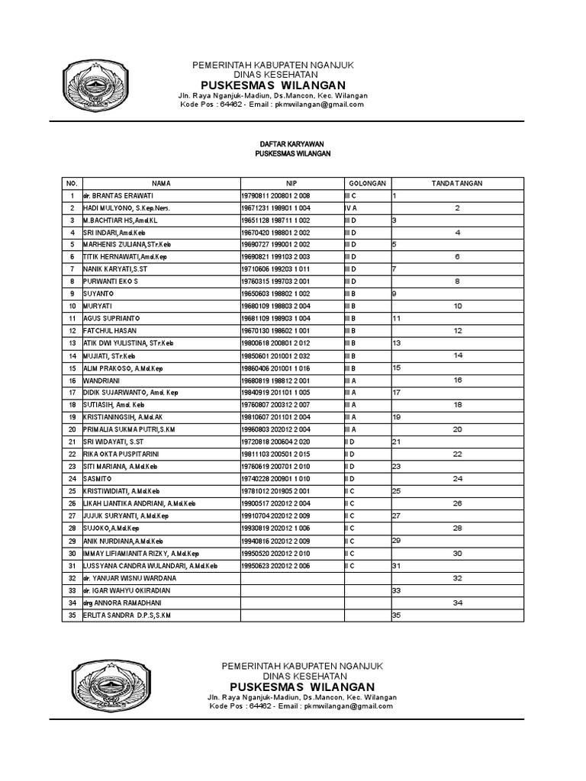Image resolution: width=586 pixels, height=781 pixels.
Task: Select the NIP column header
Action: pyautogui.click(x=291, y=184)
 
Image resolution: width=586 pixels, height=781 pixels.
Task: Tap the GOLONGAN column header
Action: pyautogui.click(x=368, y=184)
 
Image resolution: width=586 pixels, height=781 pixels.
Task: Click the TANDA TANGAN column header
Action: pyautogui.click(x=457, y=184)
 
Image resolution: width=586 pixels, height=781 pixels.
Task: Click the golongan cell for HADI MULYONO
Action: pyautogui.click(x=350, y=208)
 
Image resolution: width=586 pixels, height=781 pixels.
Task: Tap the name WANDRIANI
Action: pyautogui.click(x=102, y=379)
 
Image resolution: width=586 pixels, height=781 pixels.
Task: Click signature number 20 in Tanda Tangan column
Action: pyautogui.click(x=457, y=429)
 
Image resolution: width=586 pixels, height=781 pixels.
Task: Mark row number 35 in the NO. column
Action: pyautogui.click(x=72, y=615)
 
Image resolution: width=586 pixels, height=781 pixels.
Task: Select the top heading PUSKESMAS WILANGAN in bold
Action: pyautogui.click(x=272, y=85)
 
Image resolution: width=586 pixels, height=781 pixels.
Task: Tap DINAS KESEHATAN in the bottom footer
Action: pyautogui.click(x=301, y=677)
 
